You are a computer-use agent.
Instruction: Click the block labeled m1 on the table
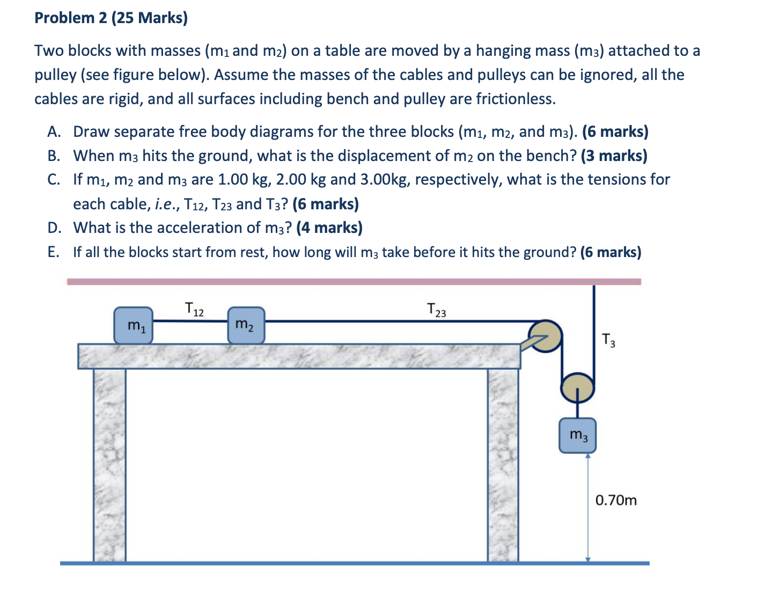click(133, 325)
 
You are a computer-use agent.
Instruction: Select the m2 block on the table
click(246, 325)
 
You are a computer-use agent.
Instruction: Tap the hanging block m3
click(577, 435)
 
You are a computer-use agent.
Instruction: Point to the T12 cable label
click(194, 310)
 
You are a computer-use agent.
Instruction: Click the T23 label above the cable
click(436, 310)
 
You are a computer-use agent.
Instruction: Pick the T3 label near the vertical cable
click(608, 340)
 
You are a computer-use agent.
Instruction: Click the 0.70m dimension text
click(616, 500)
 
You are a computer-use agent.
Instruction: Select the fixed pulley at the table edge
click(546, 336)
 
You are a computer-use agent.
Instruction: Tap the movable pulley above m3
click(577, 386)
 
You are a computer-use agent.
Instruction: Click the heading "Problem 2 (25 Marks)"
click(111, 18)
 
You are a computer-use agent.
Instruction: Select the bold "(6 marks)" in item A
click(615, 131)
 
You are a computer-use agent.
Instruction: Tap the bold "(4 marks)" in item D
click(329, 228)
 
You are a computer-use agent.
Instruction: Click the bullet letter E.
click(53, 252)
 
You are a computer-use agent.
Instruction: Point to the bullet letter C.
click(53, 179)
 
